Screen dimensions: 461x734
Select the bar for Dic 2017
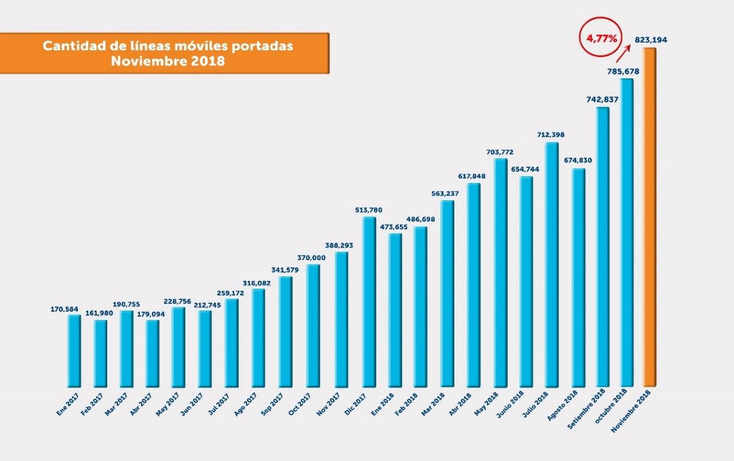point(368,302)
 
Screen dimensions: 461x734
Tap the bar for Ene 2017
point(74,350)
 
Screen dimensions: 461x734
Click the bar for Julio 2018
point(552,264)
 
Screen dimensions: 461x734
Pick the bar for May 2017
point(178,347)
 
